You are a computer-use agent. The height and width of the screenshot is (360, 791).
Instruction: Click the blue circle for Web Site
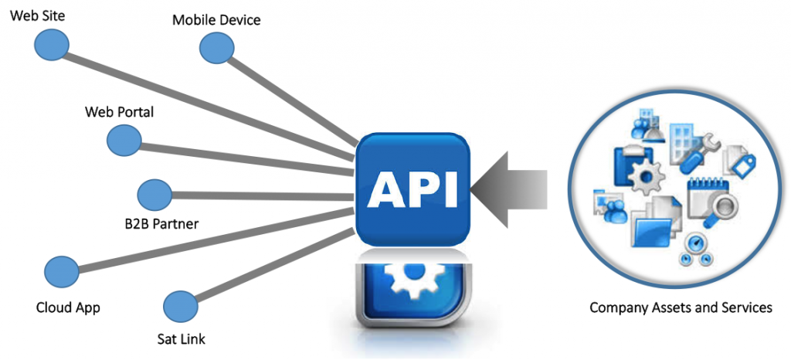[x=51, y=43]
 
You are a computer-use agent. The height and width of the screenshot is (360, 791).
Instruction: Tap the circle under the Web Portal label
[x=123, y=140]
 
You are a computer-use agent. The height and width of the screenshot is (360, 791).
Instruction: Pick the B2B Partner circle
[x=154, y=193]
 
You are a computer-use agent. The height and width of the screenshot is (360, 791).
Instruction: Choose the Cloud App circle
[x=61, y=271]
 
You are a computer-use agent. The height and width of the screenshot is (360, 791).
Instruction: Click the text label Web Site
[x=35, y=14]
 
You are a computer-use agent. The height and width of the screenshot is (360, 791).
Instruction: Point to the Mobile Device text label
[x=216, y=19]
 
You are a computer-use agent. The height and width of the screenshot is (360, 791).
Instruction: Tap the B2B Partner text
[x=162, y=224]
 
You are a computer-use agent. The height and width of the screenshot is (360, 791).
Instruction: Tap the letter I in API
[x=448, y=188]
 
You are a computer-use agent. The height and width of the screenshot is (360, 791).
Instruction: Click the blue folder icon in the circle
[x=653, y=229]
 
